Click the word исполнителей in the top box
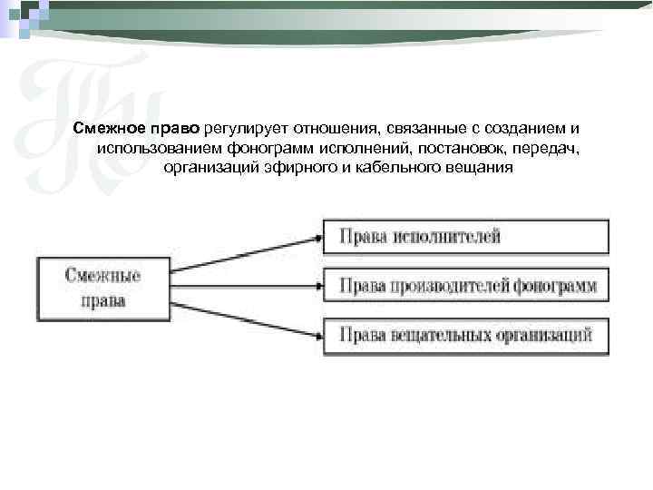(446, 237)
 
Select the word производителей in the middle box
(451, 287)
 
